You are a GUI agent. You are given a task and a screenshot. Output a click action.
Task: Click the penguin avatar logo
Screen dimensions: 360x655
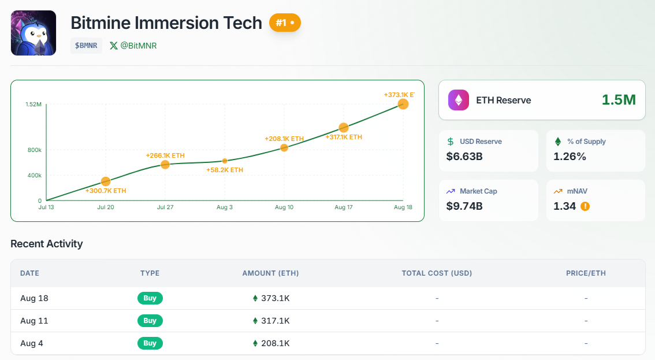click(x=34, y=33)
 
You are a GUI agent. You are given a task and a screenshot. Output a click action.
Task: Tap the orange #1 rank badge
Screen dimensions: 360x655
click(x=285, y=23)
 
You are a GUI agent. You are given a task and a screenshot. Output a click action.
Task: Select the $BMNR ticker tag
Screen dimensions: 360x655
click(x=86, y=46)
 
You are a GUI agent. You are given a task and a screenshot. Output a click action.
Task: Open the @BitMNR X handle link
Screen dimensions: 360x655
click(x=133, y=46)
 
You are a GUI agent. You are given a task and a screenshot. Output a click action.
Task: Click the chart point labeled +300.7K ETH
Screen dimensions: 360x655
click(x=106, y=182)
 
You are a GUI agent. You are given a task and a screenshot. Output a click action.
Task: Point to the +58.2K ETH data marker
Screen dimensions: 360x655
click(x=225, y=161)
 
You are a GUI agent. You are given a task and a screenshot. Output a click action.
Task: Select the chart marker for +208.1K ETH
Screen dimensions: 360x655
click(x=284, y=148)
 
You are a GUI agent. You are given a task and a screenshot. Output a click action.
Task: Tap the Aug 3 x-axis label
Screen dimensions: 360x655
click(x=224, y=207)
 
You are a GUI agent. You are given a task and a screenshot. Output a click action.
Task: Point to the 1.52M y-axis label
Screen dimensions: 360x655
click(x=33, y=105)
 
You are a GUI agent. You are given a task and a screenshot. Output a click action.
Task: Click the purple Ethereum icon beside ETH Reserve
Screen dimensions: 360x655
click(x=459, y=100)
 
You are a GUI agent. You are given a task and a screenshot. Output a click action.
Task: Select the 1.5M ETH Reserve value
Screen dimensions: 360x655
click(x=619, y=100)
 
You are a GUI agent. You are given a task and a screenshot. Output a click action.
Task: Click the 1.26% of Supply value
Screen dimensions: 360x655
click(x=570, y=156)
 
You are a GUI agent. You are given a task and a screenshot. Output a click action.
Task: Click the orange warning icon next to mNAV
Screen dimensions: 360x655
click(x=585, y=206)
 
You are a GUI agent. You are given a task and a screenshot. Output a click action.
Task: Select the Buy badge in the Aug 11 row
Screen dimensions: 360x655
click(x=150, y=321)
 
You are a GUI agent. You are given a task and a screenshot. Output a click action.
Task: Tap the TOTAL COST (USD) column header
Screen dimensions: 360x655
click(x=437, y=273)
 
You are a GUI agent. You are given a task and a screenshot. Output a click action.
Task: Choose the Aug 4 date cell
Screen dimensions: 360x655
click(x=32, y=343)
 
